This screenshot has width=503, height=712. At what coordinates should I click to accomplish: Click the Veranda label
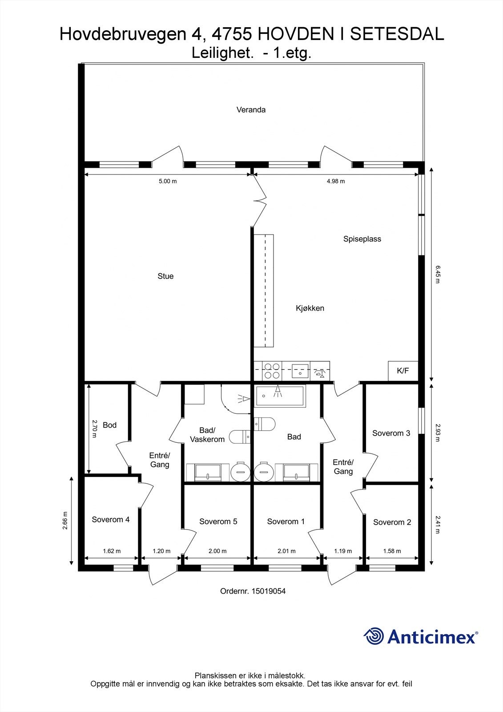(x=251, y=109)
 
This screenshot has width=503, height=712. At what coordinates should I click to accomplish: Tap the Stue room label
(x=165, y=276)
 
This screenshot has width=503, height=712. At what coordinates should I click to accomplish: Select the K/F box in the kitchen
(x=403, y=371)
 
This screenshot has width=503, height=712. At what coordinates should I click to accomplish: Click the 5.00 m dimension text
(x=168, y=181)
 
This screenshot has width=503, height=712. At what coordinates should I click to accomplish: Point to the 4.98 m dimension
(x=336, y=181)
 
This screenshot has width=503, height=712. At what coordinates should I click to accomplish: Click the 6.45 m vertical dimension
(x=438, y=275)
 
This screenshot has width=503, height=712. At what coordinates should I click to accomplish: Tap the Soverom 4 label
(x=111, y=519)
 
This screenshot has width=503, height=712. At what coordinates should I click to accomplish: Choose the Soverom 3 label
(x=391, y=433)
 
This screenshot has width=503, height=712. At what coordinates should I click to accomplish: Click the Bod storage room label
(x=109, y=425)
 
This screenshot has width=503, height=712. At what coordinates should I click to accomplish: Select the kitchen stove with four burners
(x=272, y=371)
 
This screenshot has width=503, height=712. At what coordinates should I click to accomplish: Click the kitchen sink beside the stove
(x=300, y=371)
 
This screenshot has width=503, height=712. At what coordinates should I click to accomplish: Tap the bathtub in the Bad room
(x=280, y=396)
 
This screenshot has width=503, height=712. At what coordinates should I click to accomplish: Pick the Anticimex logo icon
(x=374, y=636)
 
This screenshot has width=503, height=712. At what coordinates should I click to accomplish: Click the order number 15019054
(x=268, y=591)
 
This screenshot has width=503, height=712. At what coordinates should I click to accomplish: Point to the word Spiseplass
(x=362, y=239)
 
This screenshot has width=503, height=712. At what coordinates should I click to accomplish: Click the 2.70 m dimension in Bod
(x=94, y=429)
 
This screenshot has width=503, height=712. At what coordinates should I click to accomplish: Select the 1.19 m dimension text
(x=343, y=551)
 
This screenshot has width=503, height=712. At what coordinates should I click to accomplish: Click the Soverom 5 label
(x=218, y=521)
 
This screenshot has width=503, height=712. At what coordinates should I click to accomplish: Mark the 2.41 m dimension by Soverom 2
(x=438, y=524)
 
